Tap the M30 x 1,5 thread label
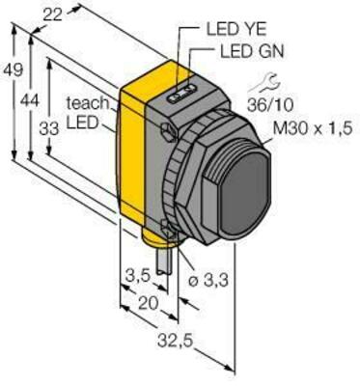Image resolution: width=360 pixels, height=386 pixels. point(304,130)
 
